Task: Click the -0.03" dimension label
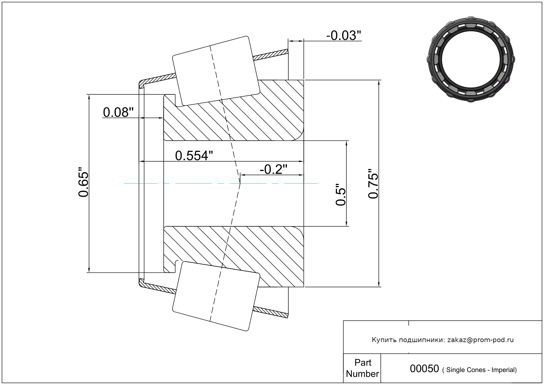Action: pos(344,35)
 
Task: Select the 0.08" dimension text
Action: pos(118,112)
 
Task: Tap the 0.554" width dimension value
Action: pos(194,156)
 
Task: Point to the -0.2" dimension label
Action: pos(273,169)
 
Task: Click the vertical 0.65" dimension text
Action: pos(83,182)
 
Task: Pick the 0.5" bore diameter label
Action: pos(340,194)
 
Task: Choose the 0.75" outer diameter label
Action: pos(373,184)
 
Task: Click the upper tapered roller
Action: pos(216,71)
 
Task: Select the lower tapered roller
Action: pos(216,296)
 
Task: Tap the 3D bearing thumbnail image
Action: pos(471,59)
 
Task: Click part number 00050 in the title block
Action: pos(424,369)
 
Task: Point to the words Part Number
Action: pos(363,368)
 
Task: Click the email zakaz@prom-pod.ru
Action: pos(480,340)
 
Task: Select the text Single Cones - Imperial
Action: pos(481,370)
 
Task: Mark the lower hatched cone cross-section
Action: pos(234,256)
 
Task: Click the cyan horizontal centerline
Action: pos(221,183)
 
